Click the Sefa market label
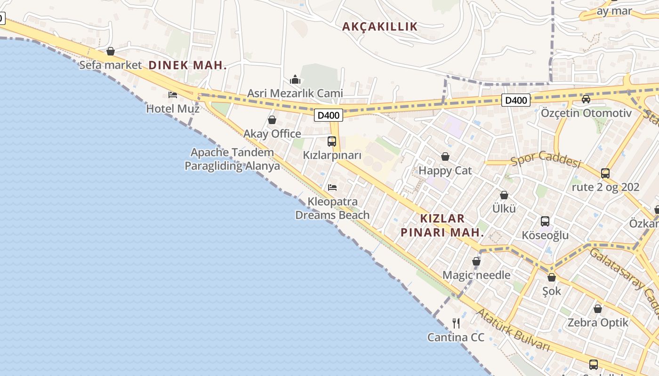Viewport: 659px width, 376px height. pos(110,65)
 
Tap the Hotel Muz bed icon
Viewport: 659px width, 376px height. pos(173,95)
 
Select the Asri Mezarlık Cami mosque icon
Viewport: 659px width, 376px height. pos(295,79)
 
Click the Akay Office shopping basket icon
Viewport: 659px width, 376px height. pos(272,120)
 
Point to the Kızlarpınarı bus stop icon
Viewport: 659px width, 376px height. pos(332,141)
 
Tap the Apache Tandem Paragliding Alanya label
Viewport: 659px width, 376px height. pos(232,159)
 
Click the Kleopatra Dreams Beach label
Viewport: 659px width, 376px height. pos(332,208)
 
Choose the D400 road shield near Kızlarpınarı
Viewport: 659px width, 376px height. pos(329,115)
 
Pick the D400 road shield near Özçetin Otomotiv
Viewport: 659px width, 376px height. pos(516,100)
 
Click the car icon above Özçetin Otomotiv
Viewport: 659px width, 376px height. pos(586,99)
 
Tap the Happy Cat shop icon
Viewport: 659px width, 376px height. pos(445,157)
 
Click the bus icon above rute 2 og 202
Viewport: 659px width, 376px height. pos(605,173)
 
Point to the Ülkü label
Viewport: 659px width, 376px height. pos(504,209)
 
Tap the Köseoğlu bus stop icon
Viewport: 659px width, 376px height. pos(545,221)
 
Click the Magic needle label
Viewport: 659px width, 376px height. pos(476,275)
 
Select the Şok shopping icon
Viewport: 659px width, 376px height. pos(552,277)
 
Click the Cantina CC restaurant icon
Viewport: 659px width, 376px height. pos(456,323)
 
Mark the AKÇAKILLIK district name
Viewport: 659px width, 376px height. pos(380,27)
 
